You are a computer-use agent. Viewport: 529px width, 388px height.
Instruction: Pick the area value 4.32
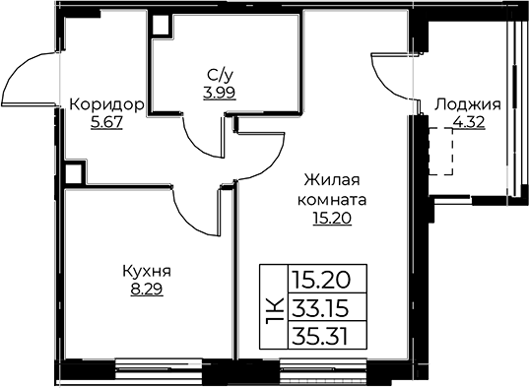[x=468, y=124]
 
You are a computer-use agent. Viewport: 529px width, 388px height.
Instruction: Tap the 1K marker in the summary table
[x=274, y=308]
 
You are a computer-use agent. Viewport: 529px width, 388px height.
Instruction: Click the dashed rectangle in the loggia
[x=440, y=150]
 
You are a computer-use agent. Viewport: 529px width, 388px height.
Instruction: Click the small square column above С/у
[x=157, y=27]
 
